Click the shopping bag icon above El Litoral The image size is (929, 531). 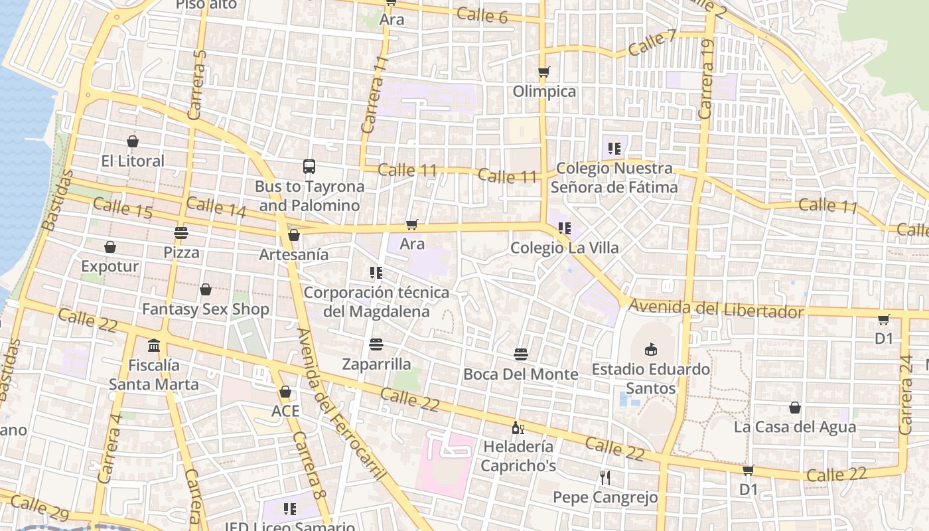(x=133, y=141)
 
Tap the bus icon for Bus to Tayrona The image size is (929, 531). (x=309, y=167)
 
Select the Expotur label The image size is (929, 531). (x=110, y=266)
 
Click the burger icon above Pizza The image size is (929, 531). (x=181, y=233)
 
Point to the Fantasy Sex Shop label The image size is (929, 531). (x=206, y=309)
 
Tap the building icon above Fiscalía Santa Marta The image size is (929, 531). (x=154, y=345)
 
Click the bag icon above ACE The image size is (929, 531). (x=285, y=392)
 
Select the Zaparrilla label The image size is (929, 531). (x=376, y=364)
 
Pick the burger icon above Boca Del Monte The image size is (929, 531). (x=521, y=354)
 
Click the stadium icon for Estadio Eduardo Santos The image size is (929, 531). (x=651, y=349)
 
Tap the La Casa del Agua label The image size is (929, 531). (x=795, y=427)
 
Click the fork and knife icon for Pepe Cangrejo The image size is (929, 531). (x=605, y=477)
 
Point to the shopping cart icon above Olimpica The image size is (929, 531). (x=544, y=72)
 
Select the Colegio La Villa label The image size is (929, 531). (x=565, y=248)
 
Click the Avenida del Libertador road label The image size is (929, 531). (x=717, y=309)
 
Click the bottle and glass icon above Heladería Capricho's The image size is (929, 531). (x=518, y=427)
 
